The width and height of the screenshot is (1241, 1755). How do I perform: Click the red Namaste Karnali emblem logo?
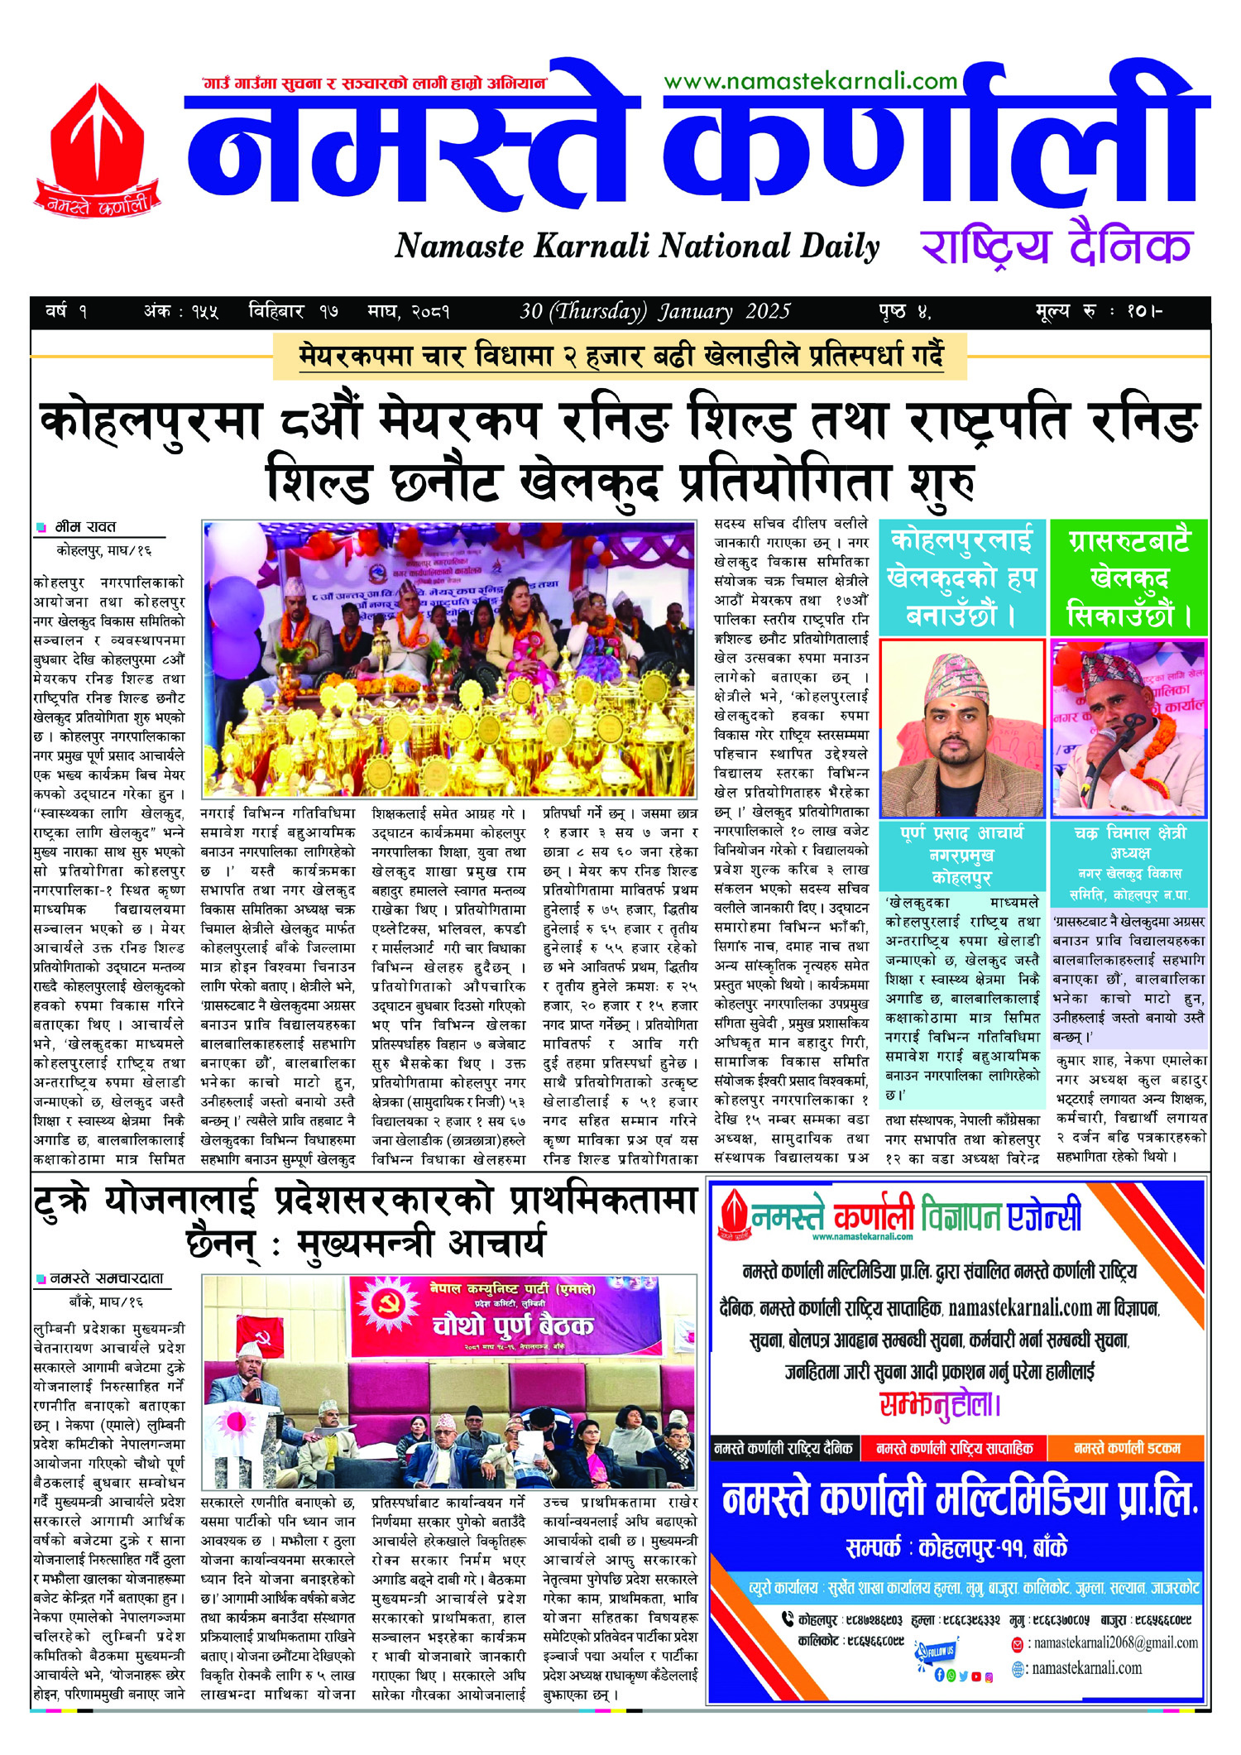(x=97, y=149)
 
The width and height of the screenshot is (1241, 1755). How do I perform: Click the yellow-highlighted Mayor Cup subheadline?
(x=620, y=357)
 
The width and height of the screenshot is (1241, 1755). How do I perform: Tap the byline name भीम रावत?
(x=86, y=527)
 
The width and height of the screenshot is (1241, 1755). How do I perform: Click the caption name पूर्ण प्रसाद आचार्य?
(x=961, y=833)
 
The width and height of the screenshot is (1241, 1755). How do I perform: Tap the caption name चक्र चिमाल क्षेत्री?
(x=1129, y=833)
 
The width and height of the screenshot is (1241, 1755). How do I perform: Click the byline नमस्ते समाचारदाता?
(x=107, y=1278)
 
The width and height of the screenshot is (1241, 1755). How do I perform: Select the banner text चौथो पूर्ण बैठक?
(x=513, y=1327)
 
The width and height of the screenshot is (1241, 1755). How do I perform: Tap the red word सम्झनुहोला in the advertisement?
(x=940, y=1404)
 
